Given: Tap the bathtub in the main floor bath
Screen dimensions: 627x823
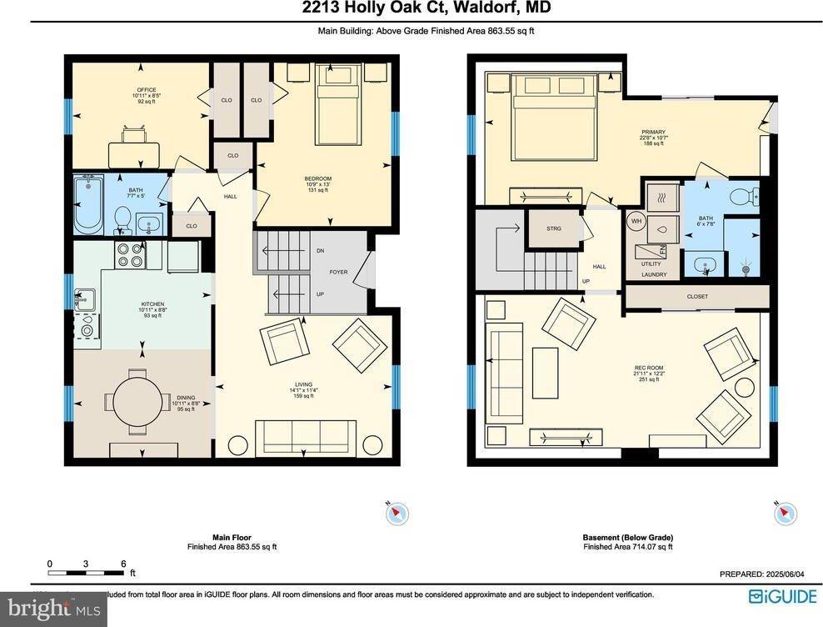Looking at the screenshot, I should click(88, 203).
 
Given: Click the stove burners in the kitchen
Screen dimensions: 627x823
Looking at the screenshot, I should click(129, 255).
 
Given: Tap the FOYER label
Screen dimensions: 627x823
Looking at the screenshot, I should click(338, 272).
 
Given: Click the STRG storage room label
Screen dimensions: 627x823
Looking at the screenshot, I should click(554, 228).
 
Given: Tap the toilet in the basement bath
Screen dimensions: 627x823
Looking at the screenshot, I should click(740, 197).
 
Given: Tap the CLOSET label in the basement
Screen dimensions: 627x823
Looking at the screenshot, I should click(697, 296).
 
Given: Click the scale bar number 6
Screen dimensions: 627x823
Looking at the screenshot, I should click(123, 564).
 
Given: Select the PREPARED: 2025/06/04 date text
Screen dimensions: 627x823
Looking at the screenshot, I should click(757, 574).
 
